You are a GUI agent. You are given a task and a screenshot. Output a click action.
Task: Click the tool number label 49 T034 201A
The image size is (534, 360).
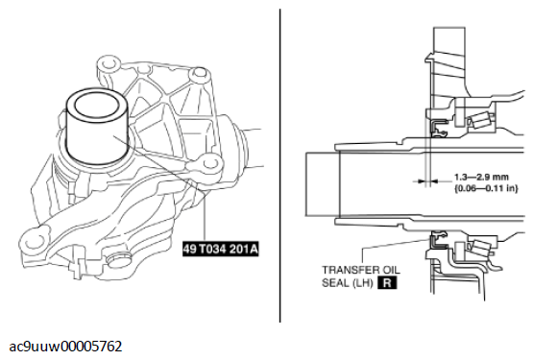pyautogui.click(x=220, y=249)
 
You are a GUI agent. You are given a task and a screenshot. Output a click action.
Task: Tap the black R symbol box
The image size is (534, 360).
pyautogui.click(x=387, y=283)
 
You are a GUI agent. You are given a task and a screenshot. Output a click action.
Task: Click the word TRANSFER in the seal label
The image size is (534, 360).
pyautogui.click(x=347, y=270)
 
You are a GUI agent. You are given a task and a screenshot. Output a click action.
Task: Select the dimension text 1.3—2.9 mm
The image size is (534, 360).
pyautogui.click(x=481, y=178)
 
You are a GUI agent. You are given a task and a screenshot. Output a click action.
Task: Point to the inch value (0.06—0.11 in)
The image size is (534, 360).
pyautogui.click(x=486, y=188)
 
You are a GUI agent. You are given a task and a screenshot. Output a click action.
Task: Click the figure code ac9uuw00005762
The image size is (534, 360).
pyautogui.click(x=65, y=347)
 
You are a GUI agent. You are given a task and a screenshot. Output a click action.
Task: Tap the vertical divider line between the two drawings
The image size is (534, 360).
pyautogui.click(x=279, y=165)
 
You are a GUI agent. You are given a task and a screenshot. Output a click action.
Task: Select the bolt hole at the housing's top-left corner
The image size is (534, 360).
pyautogui.click(x=109, y=63)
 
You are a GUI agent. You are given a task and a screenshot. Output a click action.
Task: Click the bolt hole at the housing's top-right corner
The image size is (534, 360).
pyautogui.click(x=199, y=73)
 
